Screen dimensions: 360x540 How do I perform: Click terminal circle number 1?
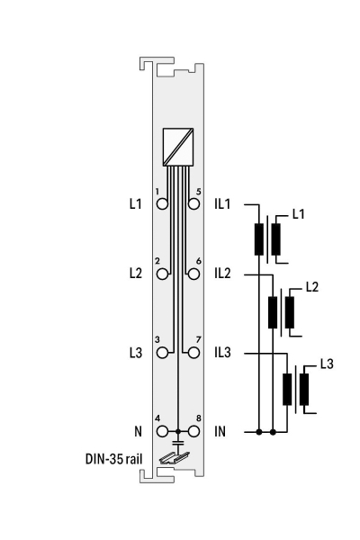pos(162,204)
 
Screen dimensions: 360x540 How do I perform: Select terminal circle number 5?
pos(194,204)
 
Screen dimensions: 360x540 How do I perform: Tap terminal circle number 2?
pos(162,274)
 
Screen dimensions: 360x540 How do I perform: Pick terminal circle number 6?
pos(194,274)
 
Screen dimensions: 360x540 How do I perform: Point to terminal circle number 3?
pos(162,353)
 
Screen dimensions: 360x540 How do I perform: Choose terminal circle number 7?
pos(194,353)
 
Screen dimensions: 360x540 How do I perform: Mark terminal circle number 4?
pos(162,431)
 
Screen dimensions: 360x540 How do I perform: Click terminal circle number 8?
pos(194,431)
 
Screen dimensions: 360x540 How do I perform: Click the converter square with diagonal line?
pos(178,147)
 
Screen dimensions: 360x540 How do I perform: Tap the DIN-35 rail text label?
pos(113,459)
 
